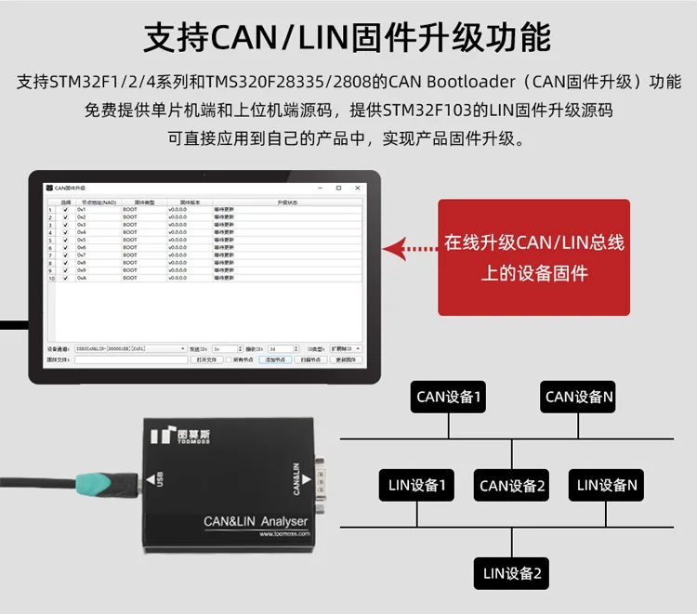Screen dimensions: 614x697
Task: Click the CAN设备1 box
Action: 450,397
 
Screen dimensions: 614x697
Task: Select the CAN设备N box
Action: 579,397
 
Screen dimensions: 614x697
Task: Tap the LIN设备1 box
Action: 417,485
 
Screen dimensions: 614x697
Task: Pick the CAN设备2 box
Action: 512,485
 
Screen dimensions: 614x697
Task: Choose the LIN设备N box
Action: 607,485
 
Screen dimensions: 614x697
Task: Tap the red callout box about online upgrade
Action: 533,257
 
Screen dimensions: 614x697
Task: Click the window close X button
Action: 360,188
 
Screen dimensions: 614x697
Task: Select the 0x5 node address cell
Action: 82,240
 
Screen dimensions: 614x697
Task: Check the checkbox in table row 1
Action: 65,210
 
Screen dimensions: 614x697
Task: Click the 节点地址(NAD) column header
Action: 97,202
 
